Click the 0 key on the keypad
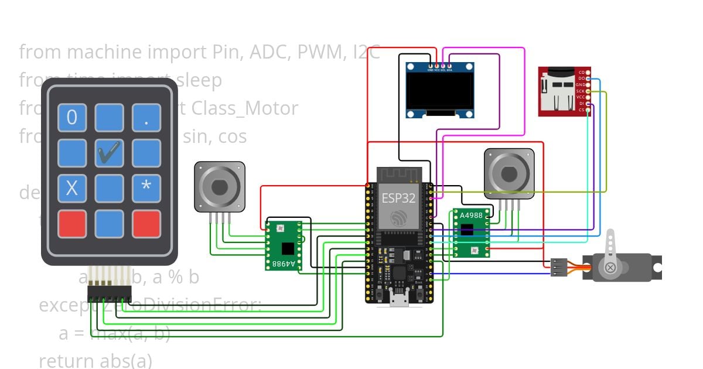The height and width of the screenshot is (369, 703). click(72, 118)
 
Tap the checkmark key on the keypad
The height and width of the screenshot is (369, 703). click(109, 153)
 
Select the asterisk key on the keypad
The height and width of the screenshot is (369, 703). click(146, 188)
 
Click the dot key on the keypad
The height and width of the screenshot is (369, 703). click(146, 118)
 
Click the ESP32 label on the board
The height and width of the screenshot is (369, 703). click(398, 198)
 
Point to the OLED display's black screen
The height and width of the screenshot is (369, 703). click(440, 91)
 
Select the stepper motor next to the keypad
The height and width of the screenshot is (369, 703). click(219, 187)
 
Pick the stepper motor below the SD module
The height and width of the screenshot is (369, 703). click(509, 173)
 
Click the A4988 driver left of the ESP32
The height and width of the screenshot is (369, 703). click(284, 245)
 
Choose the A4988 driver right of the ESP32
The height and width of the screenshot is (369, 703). click(471, 233)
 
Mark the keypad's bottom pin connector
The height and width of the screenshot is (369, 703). click(109, 291)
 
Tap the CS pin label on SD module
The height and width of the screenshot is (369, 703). click(581, 110)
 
